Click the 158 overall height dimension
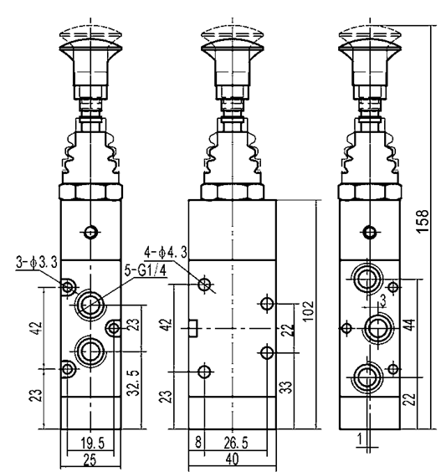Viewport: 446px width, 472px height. coord(423,221)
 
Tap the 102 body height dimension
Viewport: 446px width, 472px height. coord(308,311)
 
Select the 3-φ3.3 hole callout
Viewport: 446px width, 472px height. coord(37,263)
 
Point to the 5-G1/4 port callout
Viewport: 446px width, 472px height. coord(146,270)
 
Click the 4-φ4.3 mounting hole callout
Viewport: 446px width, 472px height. coord(166,252)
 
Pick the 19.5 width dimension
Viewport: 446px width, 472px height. coord(93,444)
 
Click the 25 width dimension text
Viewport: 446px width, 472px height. coord(90,460)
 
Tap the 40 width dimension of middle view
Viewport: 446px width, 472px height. coord(232,459)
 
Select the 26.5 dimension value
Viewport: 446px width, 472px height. coord(236,443)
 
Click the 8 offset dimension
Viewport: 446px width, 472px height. coord(198,443)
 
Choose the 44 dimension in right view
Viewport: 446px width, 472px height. coord(411,325)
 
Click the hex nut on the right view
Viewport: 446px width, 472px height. coord(370,192)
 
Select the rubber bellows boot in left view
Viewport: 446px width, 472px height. coord(90,156)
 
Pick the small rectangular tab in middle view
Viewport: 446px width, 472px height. coord(193,328)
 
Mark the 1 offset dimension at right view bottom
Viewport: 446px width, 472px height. coord(360,439)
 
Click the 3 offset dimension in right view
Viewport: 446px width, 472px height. coord(382,300)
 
